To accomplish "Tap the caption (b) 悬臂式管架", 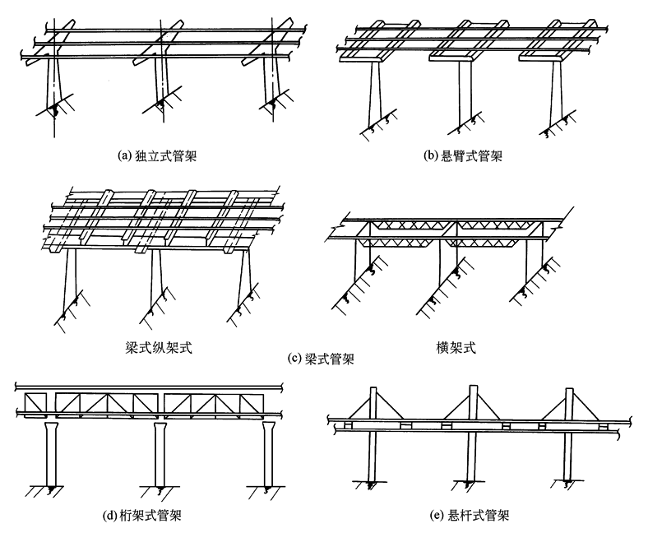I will point(463,155).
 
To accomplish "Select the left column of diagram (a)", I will point(53,82).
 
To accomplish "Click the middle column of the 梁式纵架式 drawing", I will point(155,280).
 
